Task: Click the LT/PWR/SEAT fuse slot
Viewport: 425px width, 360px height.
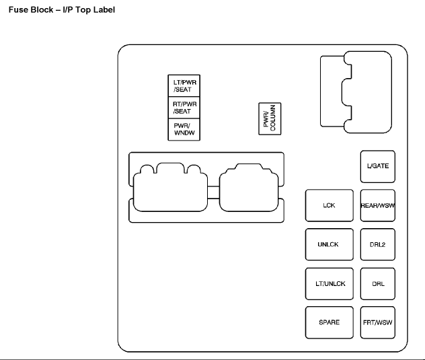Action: point(185,85)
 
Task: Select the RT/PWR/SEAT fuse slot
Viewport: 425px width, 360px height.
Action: point(185,107)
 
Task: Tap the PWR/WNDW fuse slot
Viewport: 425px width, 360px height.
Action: point(185,129)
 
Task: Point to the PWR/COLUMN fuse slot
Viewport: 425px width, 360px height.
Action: point(271,119)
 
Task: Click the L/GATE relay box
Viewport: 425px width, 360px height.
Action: point(377,166)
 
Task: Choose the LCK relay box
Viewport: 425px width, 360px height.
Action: point(328,206)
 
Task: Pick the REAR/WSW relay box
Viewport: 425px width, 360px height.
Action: point(377,206)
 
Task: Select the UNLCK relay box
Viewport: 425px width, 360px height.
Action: point(328,244)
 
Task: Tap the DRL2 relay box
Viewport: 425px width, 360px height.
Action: point(377,244)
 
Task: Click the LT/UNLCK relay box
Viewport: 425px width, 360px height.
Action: point(328,283)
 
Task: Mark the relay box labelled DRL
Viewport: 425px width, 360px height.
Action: point(377,283)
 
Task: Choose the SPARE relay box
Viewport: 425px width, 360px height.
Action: point(328,322)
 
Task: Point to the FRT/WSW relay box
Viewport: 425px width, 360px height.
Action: point(377,322)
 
